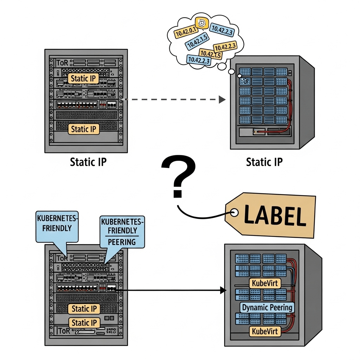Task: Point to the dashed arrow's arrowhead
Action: (x=222, y=99)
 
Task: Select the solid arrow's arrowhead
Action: (x=222, y=290)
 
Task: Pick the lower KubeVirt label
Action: (x=265, y=331)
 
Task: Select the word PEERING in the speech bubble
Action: (x=122, y=242)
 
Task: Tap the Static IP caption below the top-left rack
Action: (x=88, y=162)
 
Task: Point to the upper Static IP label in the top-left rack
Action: (x=83, y=78)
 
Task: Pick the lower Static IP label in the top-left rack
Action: (x=83, y=129)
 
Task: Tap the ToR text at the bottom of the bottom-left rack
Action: (x=63, y=331)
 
